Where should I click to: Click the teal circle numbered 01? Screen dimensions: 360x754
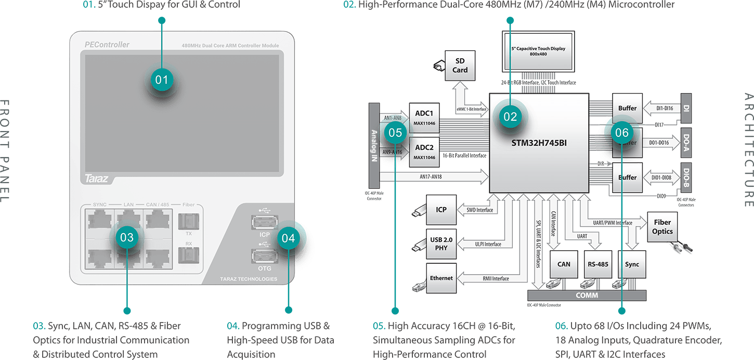pyautogui.click(x=162, y=80)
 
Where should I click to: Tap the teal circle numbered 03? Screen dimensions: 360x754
pyautogui.click(x=127, y=238)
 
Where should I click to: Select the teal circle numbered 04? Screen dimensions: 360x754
pyautogui.click(x=288, y=238)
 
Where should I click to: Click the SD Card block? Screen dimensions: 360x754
pyautogui.click(x=460, y=66)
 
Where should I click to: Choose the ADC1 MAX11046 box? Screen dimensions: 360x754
pyautogui.click(x=424, y=117)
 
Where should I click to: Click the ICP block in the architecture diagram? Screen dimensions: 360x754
pyautogui.click(x=441, y=210)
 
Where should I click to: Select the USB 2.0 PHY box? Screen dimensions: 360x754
pyautogui.click(x=441, y=244)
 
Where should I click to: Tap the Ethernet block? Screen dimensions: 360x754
pyautogui.click(x=441, y=278)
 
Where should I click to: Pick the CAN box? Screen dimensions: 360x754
pyautogui.click(x=564, y=264)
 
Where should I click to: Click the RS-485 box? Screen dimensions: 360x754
pyautogui.click(x=597, y=264)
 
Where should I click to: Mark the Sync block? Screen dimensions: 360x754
pyautogui.click(x=632, y=264)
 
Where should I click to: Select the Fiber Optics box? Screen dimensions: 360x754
pyautogui.click(x=662, y=227)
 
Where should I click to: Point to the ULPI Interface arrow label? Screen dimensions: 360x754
pyautogui.click(x=488, y=244)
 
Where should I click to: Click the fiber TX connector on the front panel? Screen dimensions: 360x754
pyautogui.click(x=188, y=221)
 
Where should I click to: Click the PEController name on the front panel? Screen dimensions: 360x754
pyautogui.click(x=107, y=45)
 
